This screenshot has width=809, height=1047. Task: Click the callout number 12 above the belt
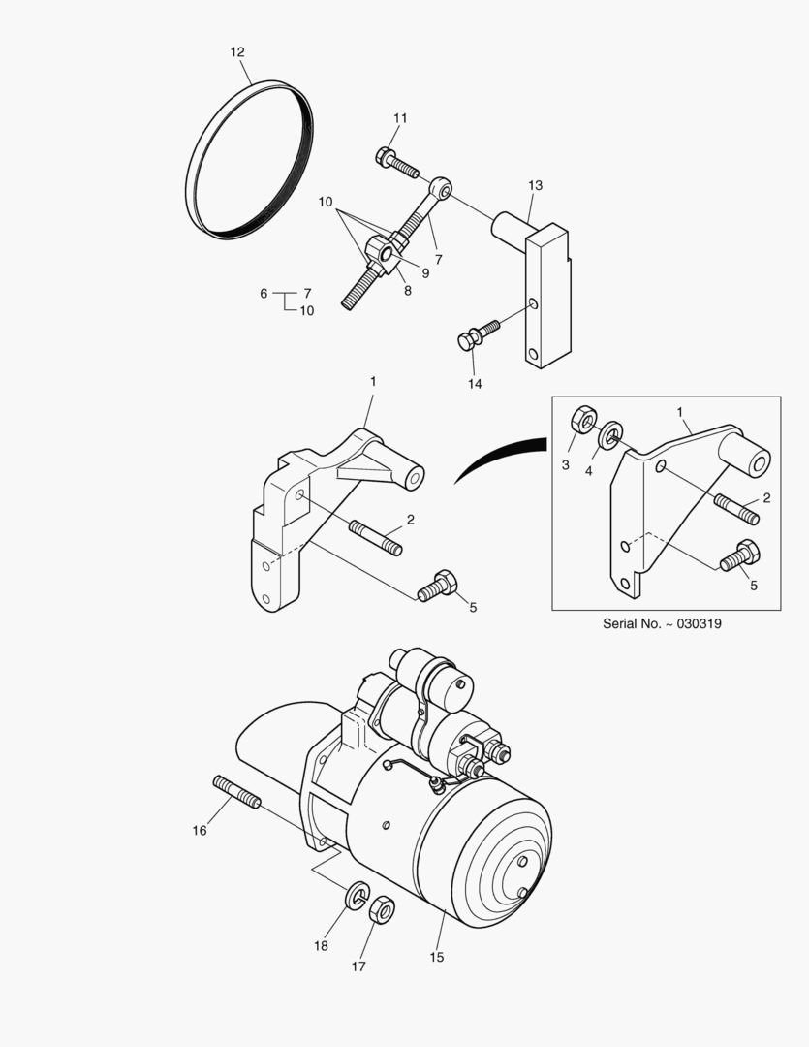click(237, 52)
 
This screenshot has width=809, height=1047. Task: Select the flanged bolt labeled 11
click(394, 161)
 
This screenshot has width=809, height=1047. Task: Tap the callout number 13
click(535, 185)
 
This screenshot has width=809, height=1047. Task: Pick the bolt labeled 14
click(477, 335)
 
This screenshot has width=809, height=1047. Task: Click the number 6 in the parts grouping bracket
click(264, 293)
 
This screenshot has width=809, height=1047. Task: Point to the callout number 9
click(424, 273)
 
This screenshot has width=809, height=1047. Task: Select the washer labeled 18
click(357, 894)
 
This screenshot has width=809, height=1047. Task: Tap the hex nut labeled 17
click(383, 909)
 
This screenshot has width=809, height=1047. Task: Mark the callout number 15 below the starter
click(436, 957)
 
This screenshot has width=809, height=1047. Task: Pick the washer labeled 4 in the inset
click(611, 435)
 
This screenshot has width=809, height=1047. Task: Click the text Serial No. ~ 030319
click(662, 624)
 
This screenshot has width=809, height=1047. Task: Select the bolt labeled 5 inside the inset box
click(740, 556)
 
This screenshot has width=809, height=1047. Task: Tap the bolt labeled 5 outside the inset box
click(437, 587)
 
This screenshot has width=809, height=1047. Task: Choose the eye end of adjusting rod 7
click(440, 187)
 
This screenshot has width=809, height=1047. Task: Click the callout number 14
click(474, 384)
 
